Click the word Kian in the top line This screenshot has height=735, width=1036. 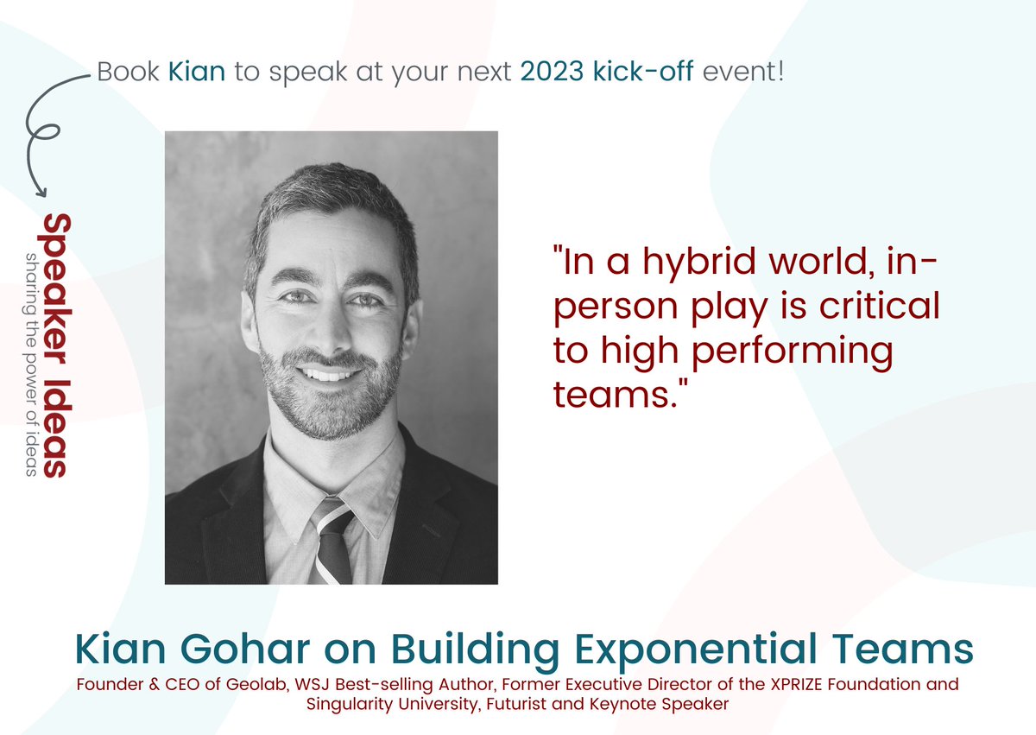(x=197, y=71)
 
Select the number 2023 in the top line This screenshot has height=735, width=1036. (x=553, y=71)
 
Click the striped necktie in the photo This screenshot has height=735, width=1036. (x=332, y=539)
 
